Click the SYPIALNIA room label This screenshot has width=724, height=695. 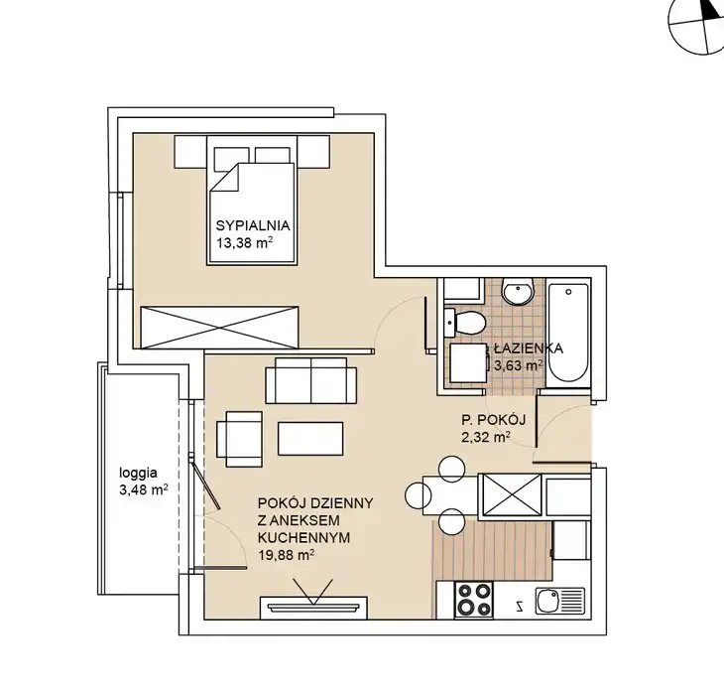tap(253, 225)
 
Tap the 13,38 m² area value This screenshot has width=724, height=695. tap(243, 242)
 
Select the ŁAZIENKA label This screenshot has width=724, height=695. tap(529, 347)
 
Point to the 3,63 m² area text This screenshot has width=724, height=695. tap(518, 365)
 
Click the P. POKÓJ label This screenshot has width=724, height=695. tap(494, 420)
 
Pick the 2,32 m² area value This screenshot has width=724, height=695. tap(486, 437)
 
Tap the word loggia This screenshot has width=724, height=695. tap(138, 474)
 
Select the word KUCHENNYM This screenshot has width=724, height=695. tap(303, 537)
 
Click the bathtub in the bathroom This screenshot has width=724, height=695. tap(569, 333)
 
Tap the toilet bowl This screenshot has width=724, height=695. tap(464, 322)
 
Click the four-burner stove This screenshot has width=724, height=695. tap(473, 600)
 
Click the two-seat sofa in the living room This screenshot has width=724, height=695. tap(310, 380)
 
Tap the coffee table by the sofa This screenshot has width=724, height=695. tap(310, 438)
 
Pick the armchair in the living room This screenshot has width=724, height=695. tap(239, 439)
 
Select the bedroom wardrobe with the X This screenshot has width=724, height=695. tap(219, 327)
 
